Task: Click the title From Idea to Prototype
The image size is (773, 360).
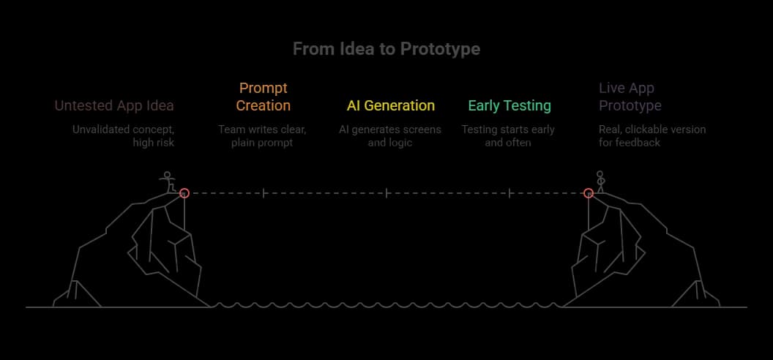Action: pyautogui.click(x=386, y=49)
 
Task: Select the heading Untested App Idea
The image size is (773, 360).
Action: pyautogui.click(x=114, y=105)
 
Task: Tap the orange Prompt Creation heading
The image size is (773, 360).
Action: pyautogui.click(x=263, y=97)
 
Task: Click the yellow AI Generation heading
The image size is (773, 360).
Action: pyautogui.click(x=390, y=105)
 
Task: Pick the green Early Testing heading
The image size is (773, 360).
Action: pyautogui.click(x=509, y=105)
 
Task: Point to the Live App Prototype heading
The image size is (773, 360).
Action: pyautogui.click(x=630, y=97)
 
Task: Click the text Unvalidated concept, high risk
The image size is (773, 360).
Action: pyautogui.click(x=122, y=136)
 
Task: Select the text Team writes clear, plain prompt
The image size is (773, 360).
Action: pyautogui.click(x=263, y=136)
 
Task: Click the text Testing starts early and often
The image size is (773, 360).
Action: pyautogui.click(x=508, y=136)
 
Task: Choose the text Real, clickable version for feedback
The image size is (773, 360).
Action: pyautogui.click(x=652, y=136)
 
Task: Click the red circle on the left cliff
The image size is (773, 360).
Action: pyautogui.click(x=184, y=193)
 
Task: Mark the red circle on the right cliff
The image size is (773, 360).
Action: pyautogui.click(x=588, y=193)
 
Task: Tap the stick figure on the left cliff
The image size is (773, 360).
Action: pyautogui.click(x=169, y=181)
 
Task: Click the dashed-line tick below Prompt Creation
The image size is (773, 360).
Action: pyautogui.click(x=264, y=193)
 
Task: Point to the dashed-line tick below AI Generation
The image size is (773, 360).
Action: pyautogui.click(x=386, y=193)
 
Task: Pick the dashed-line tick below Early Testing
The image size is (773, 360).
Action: pyautogui.click(x=509, y=193)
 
